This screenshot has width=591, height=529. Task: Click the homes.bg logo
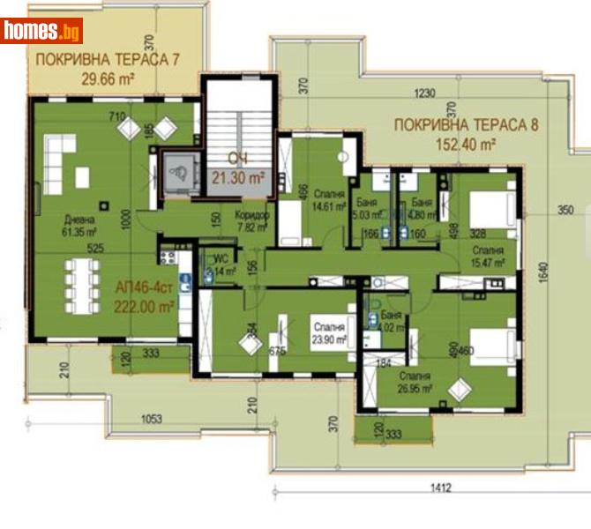pyautogui.click(x=42, y=31)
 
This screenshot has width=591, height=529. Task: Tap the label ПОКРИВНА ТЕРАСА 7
pyautogui.click(x=107, y=60)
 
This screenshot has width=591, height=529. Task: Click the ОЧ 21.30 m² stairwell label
pyautogui.click(x=236, y=168)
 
